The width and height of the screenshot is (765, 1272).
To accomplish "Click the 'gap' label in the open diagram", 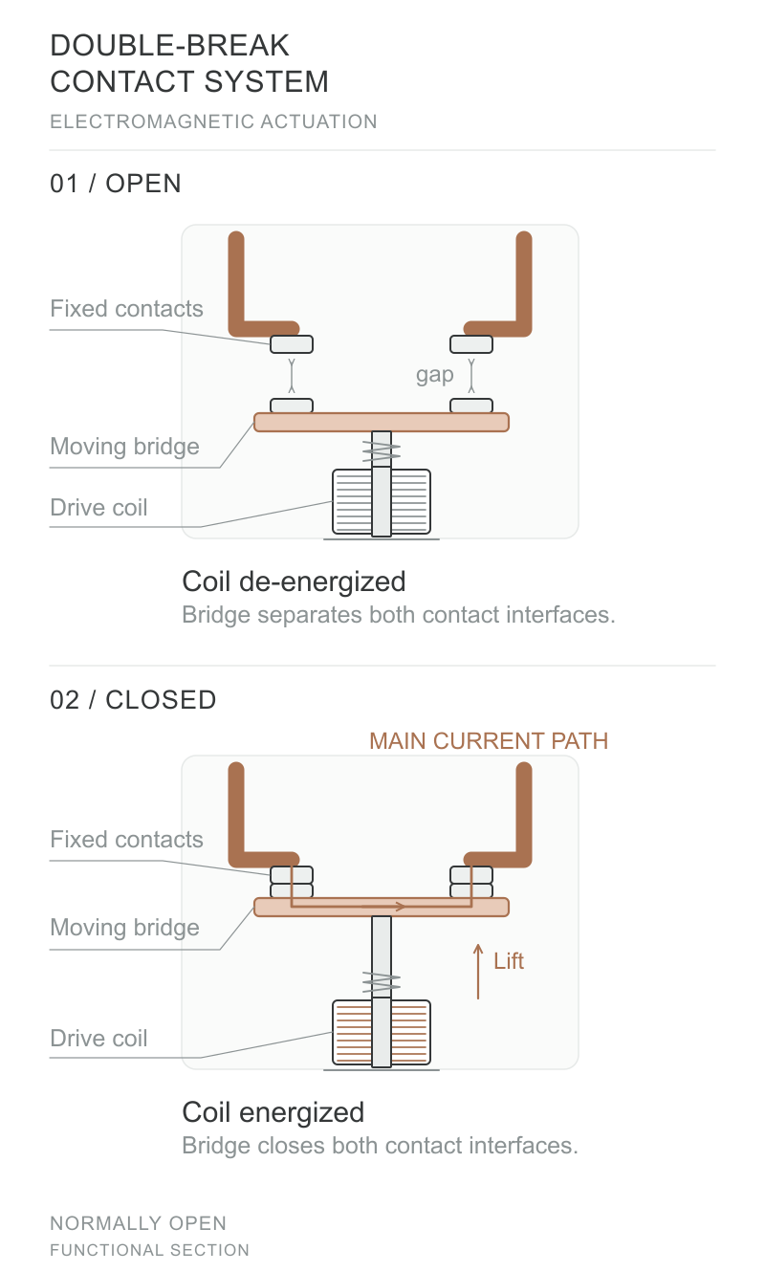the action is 434,375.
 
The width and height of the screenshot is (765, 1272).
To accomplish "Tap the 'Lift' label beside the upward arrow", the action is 509,961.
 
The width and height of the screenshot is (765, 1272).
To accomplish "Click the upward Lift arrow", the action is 478,971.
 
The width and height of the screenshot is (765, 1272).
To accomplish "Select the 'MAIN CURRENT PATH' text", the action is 489,741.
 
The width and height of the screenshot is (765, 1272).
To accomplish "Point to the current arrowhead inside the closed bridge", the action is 400,907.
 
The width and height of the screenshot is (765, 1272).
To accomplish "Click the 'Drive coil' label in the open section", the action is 98,508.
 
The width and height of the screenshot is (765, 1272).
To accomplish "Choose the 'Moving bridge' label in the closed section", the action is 125,928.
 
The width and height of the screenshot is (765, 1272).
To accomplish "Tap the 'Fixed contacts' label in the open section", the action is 126,309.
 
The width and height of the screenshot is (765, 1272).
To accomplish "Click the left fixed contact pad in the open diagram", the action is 292,344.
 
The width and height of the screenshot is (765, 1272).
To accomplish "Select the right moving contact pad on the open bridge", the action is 471,406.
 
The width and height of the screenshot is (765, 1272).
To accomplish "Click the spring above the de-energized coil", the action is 382,451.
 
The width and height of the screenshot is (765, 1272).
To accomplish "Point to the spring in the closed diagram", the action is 382,982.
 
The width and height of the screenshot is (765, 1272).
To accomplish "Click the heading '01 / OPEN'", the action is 116,184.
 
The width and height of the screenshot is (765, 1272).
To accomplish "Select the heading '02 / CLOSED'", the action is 134,700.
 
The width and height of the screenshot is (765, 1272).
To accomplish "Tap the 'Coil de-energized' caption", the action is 294,582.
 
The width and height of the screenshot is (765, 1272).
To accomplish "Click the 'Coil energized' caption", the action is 273,1112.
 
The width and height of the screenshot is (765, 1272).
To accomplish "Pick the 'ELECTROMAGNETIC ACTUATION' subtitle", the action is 213,121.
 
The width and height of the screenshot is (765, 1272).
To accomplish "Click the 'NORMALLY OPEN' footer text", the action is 138,1223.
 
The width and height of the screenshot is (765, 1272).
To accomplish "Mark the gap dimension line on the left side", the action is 292,375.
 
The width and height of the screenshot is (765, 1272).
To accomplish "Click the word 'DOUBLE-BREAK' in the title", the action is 170,46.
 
